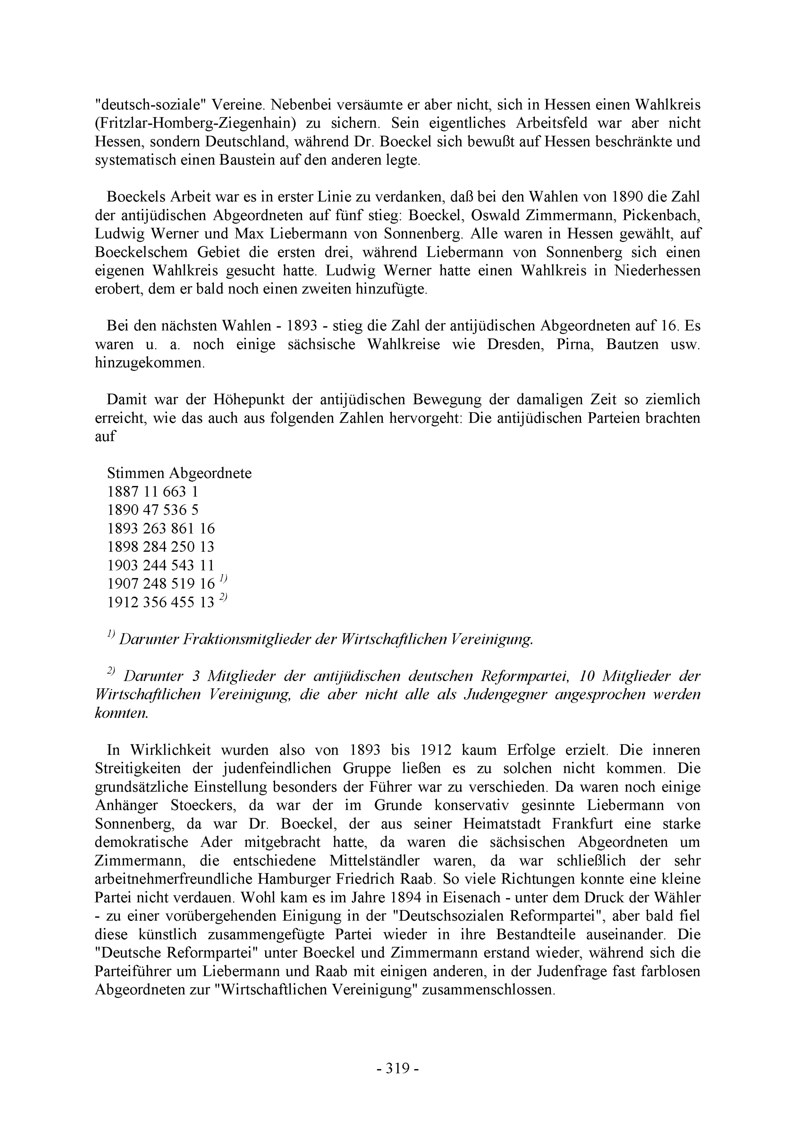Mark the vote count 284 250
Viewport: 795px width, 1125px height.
pyautogui.click(x=169, y=547)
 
